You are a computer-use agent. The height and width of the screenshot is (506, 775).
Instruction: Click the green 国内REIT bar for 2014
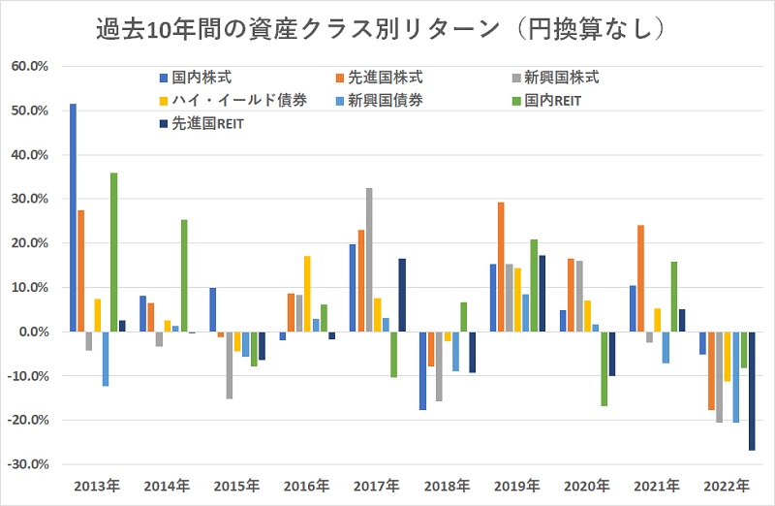(184, 275)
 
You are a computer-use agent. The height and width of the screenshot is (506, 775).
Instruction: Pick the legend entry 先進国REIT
(204, 123)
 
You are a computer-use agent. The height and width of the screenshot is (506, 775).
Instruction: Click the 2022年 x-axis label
(726, 485)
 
